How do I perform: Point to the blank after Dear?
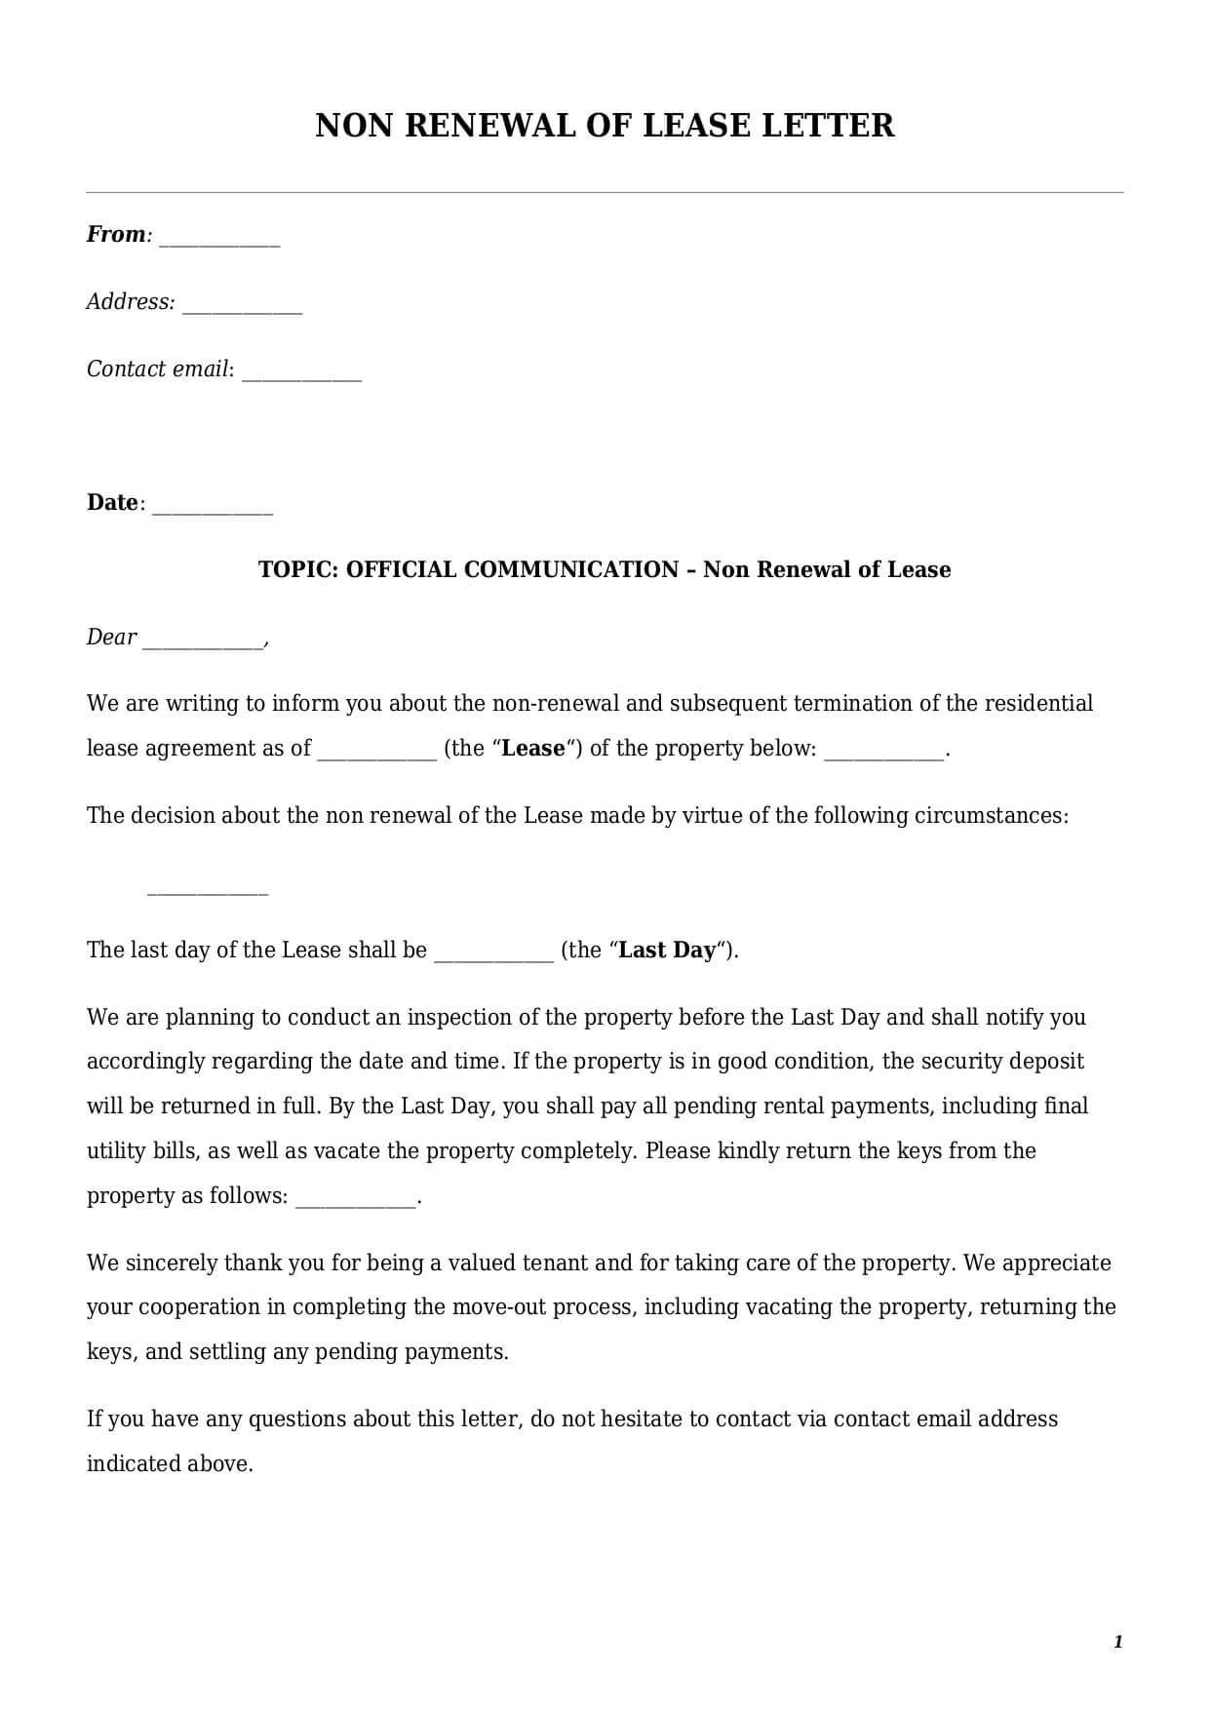click(x=203, y=643)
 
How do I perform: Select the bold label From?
click(x=115, y=235)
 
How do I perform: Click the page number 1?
click(x=1117, y=1642)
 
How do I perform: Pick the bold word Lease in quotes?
click(x=532, y=749)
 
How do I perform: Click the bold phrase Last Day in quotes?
click(x=667, y=951)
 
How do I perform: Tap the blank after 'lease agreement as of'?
click(x=376, y=755)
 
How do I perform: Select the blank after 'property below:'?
click(x=883, y=755)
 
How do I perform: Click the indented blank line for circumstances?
click(x=207, y=889)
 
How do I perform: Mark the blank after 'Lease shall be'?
click(x=493, y=956)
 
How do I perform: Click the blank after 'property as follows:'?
click(x=355, y=1202)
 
